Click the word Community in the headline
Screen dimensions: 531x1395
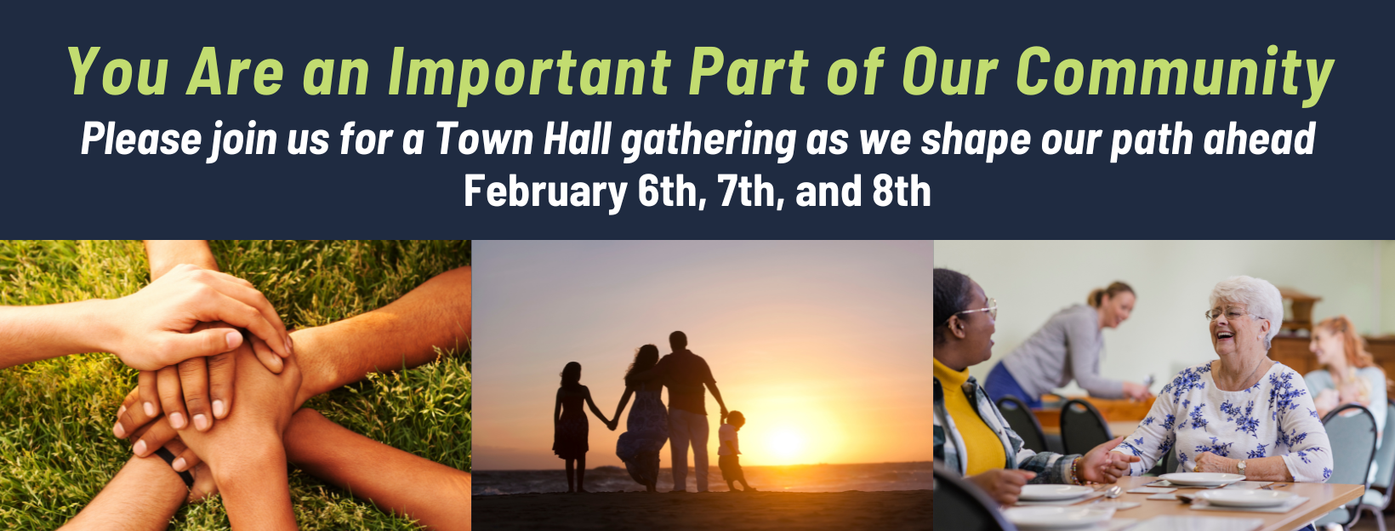[1174, 73]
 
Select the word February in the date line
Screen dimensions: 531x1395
[544, 192]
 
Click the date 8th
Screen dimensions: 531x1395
[901, 192]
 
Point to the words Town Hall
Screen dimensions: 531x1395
[522, 140]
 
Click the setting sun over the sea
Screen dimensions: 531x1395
[783, 442]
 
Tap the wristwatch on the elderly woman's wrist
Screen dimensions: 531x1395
[1242, 466]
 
